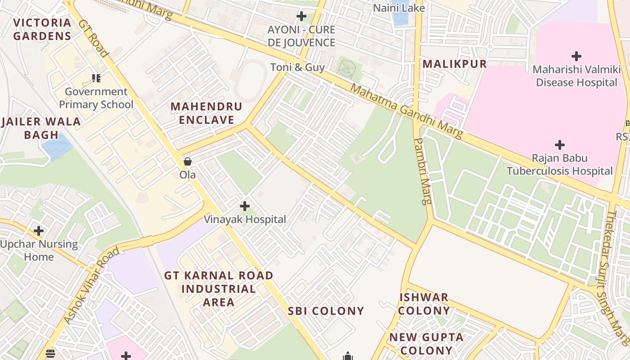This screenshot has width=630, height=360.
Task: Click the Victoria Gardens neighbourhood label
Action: [x=42, y=29]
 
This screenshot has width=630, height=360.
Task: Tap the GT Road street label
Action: [x=94, y=38]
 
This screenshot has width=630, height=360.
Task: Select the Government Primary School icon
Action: [x=96, y=78]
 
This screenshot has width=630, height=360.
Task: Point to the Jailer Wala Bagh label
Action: [x=41, y=128]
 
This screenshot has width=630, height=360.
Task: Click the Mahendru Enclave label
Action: [x=207, y=113]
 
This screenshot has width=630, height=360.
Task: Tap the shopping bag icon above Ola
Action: [x=188, y=162]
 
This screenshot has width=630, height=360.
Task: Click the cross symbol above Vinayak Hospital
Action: [x=245, y=206]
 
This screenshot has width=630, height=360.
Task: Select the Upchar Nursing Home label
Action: [x=39, y=251]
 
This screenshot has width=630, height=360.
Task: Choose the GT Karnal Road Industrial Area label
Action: [x=219, y=288]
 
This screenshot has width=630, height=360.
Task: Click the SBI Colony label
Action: [x=326, y=311]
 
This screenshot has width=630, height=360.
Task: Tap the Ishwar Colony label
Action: [x=424, y=304]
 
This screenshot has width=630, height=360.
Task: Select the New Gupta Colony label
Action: [x=426, y=344]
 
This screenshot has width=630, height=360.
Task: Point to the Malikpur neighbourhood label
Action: [x=454, y=64]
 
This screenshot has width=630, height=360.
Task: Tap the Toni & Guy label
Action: [x=297, y=67]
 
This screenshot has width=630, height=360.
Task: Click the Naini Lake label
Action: [x=399, y=8]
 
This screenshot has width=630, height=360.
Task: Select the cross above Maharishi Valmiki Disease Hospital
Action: [x=576, y=56]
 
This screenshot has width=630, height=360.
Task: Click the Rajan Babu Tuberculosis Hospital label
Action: [x=560, y=165]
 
